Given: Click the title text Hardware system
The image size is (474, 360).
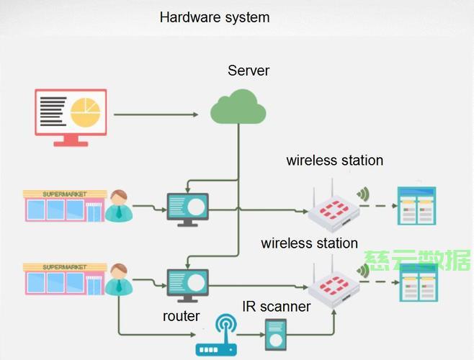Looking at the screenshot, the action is (x=215, y=17).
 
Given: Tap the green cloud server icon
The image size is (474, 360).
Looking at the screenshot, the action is (x=238, y=107).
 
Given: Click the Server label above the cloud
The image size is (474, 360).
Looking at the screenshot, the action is (x=249, y=71).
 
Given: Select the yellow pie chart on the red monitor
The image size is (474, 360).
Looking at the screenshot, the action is (x=85, y=112).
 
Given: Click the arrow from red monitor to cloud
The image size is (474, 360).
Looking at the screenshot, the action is (x=156, y=114).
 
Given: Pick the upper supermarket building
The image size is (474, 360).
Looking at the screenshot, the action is (x=65, y=206).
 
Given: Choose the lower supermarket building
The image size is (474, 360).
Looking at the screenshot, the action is (x=65, y=279).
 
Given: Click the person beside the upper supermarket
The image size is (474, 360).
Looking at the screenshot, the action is (x=119, y=206).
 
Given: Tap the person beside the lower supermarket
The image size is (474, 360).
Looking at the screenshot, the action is (x=119, y=279).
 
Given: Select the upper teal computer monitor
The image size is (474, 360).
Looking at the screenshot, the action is (x=188, y=210).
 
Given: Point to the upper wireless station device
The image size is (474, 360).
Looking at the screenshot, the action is (x=334, y=209).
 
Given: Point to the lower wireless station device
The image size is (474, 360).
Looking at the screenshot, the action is (x=334, y=284).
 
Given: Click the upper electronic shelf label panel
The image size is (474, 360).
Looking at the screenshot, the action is (x=416, y=206).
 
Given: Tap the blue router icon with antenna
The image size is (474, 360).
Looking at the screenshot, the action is (x=216, y=335).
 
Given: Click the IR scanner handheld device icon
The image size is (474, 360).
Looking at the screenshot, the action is (x=276, y=335).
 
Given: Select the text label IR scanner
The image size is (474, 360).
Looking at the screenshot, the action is (x=277, y=307).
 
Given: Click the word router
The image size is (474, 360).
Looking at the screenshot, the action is (x=181, y=316).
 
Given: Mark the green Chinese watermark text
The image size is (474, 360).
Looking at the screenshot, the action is (x=417, y=260).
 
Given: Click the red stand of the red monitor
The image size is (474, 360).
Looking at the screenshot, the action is (x=71, y=140).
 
